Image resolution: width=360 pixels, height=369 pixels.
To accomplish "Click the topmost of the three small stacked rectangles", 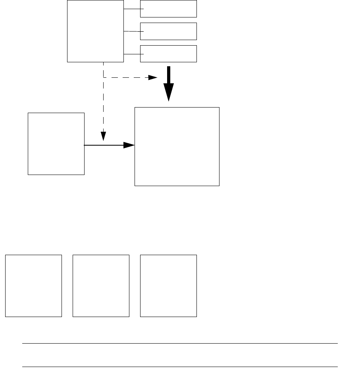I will (169, 9).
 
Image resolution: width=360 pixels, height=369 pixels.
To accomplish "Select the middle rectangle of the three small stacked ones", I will (169, 31).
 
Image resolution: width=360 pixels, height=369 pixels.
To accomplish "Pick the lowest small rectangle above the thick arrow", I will (169, 54).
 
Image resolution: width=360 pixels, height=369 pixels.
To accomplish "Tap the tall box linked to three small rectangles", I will (95, 31).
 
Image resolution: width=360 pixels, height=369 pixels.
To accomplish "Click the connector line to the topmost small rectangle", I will (132, 9).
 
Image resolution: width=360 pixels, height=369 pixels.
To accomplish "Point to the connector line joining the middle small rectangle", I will (132, 31).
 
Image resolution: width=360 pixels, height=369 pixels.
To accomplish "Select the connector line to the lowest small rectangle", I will (132, 54).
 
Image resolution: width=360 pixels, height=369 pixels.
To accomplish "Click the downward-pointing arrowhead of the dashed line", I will (103, 136).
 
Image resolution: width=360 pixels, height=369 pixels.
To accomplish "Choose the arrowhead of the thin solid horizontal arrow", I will (129, 145).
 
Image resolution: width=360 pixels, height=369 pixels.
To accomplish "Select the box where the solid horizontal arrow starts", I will (56, 144).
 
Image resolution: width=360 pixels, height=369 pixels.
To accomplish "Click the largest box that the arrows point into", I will (177, 146).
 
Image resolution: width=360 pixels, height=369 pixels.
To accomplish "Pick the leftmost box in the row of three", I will (33, 286).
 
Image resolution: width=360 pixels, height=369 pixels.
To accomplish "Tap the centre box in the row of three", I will (101, 286).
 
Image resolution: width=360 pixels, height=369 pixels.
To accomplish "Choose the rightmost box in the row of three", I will (169, 286).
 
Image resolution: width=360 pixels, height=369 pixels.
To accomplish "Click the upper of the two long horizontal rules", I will (180, 344).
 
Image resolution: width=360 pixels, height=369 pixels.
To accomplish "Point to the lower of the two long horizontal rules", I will (180, 367).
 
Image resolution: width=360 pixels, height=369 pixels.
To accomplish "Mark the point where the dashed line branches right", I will (103, 77).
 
